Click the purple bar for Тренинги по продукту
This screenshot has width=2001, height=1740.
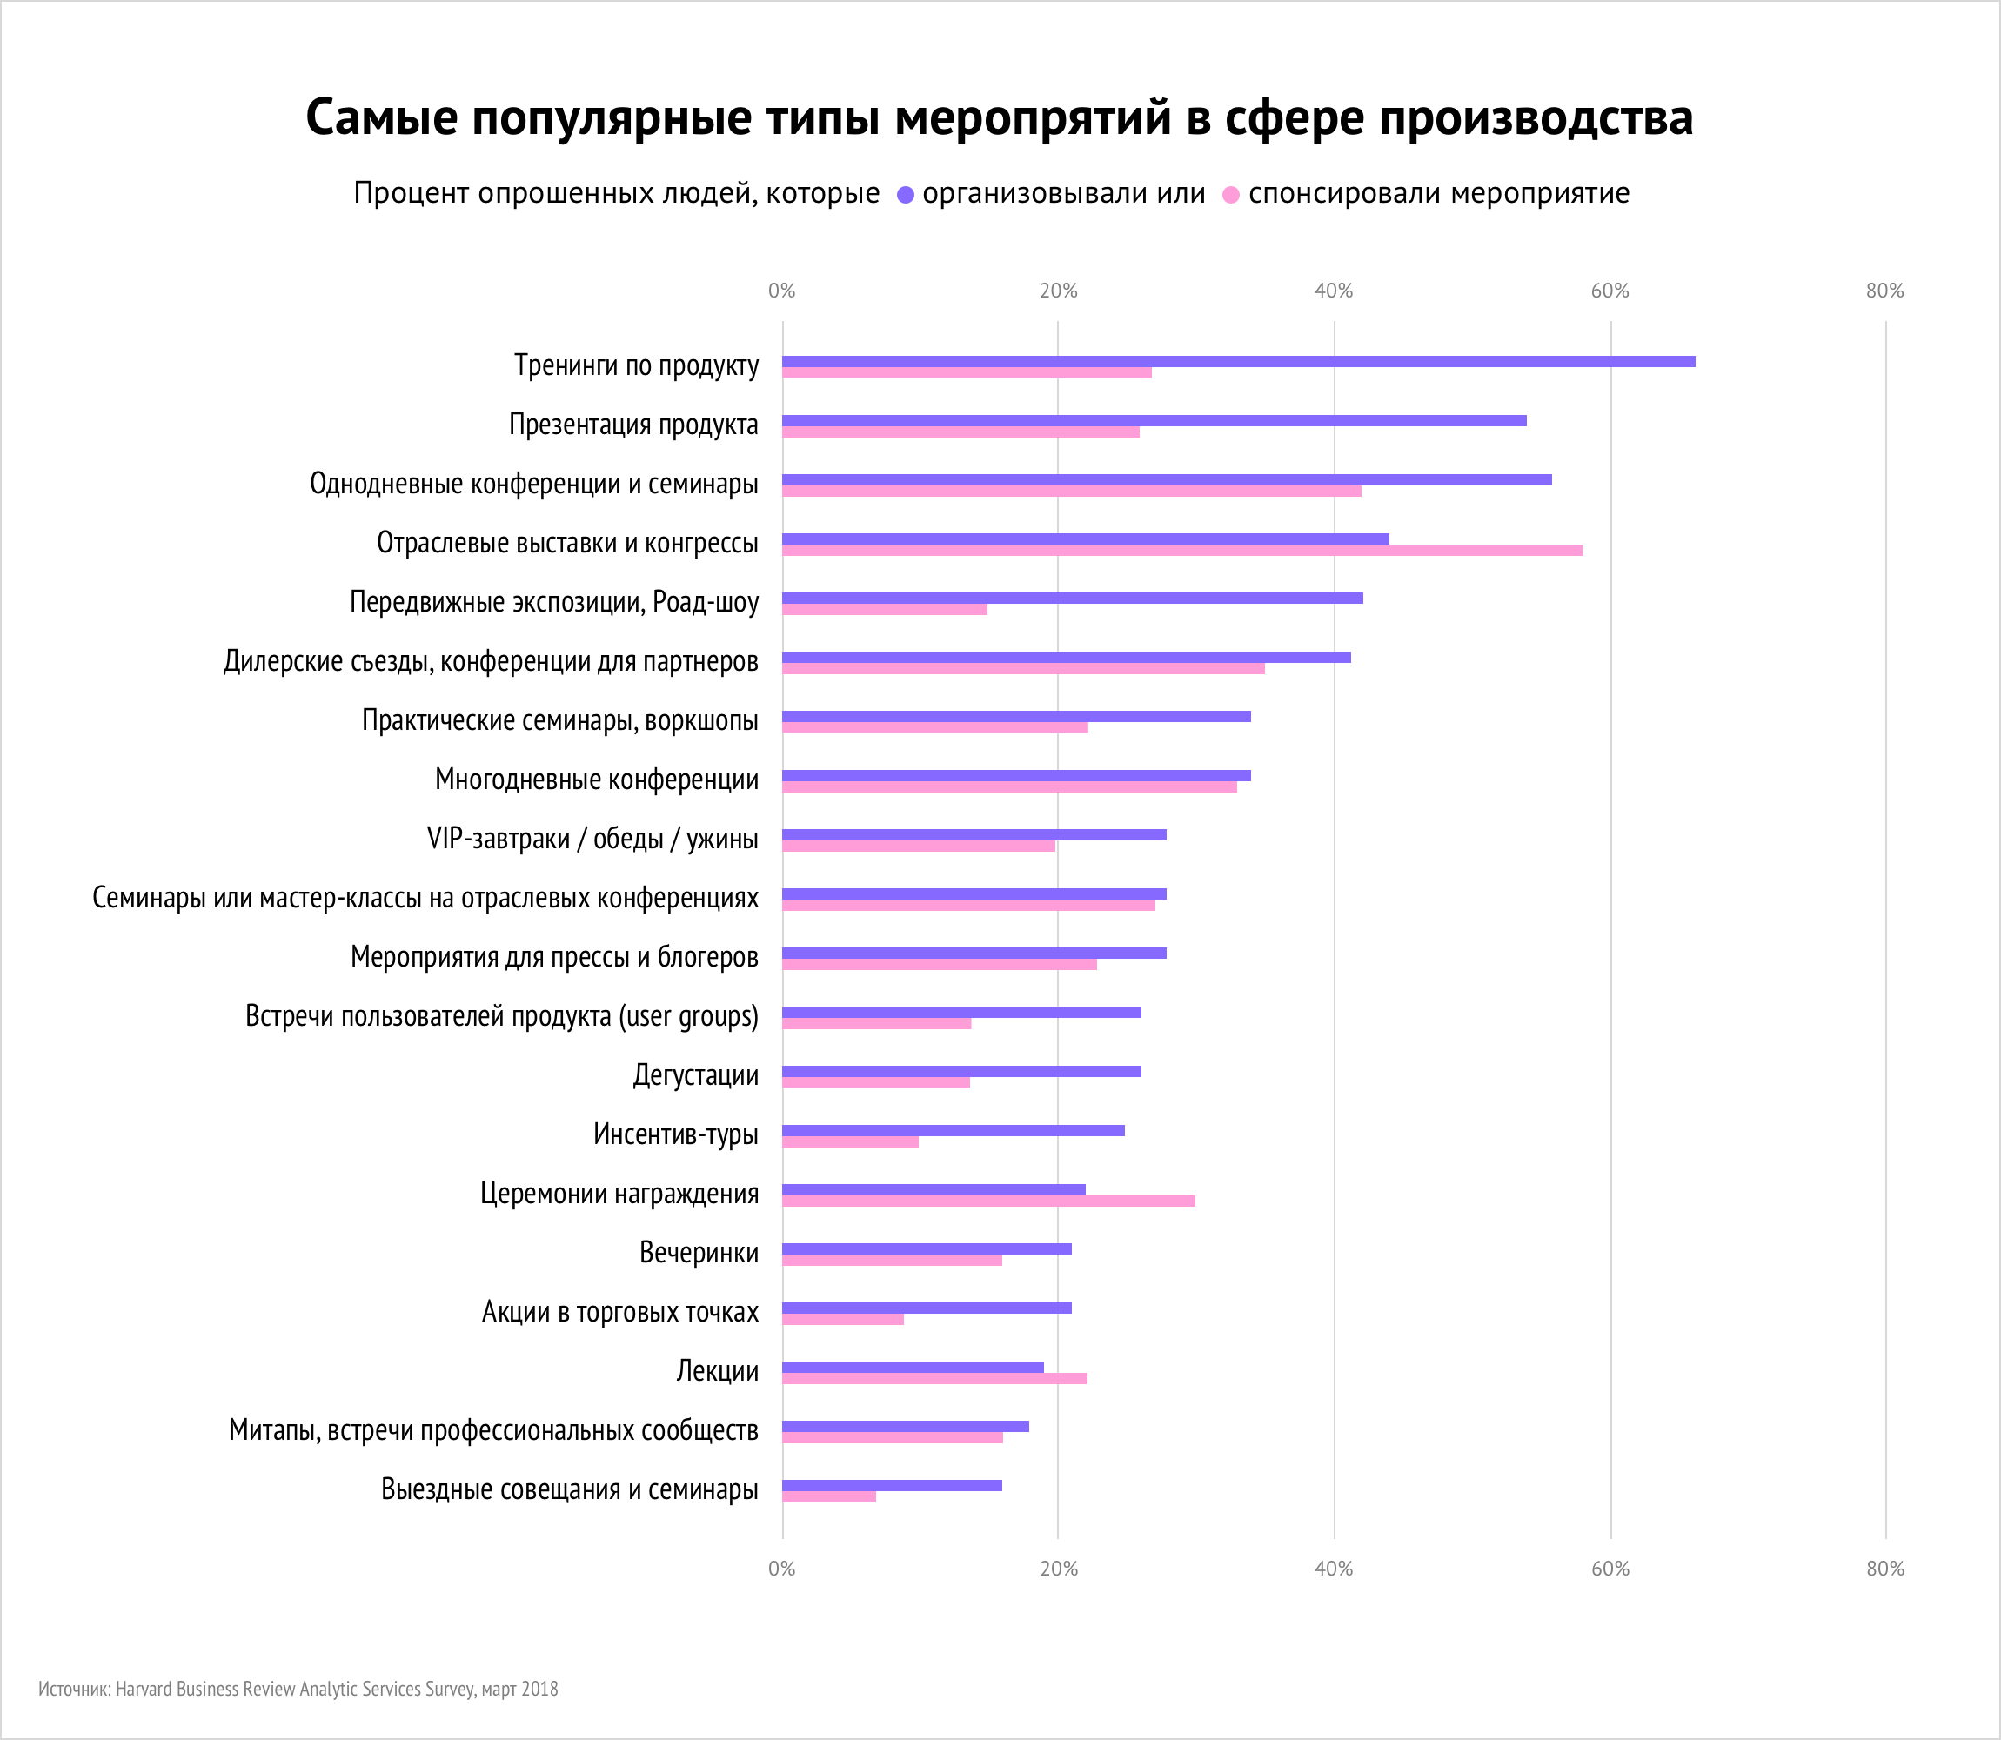coord(1238,361)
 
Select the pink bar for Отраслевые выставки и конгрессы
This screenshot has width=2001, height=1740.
coord(1181,551)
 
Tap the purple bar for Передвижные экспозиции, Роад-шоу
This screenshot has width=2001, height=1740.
coord(1072,599)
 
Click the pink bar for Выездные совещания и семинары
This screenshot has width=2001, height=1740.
coord(829,1496)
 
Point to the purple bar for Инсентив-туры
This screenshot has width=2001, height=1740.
coord(954,1130)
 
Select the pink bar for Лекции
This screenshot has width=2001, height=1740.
coord(934,1378)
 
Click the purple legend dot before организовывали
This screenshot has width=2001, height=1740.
coord(906,195)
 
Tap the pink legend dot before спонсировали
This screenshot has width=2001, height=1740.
coord(1231,195)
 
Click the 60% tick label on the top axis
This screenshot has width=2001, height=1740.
coord(1609,291)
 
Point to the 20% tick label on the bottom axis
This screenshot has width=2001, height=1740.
coord(1058,1568)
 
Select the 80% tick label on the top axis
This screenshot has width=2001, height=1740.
coord(1884,291)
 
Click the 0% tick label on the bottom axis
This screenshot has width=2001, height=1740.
coord(781,1568)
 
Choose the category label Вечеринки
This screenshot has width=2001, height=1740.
coord(698,1253)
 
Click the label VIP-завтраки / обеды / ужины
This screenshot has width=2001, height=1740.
coord(592,838)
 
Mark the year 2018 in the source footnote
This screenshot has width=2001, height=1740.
coord(539,1689)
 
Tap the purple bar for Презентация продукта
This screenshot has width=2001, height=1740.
coord(1154,420)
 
